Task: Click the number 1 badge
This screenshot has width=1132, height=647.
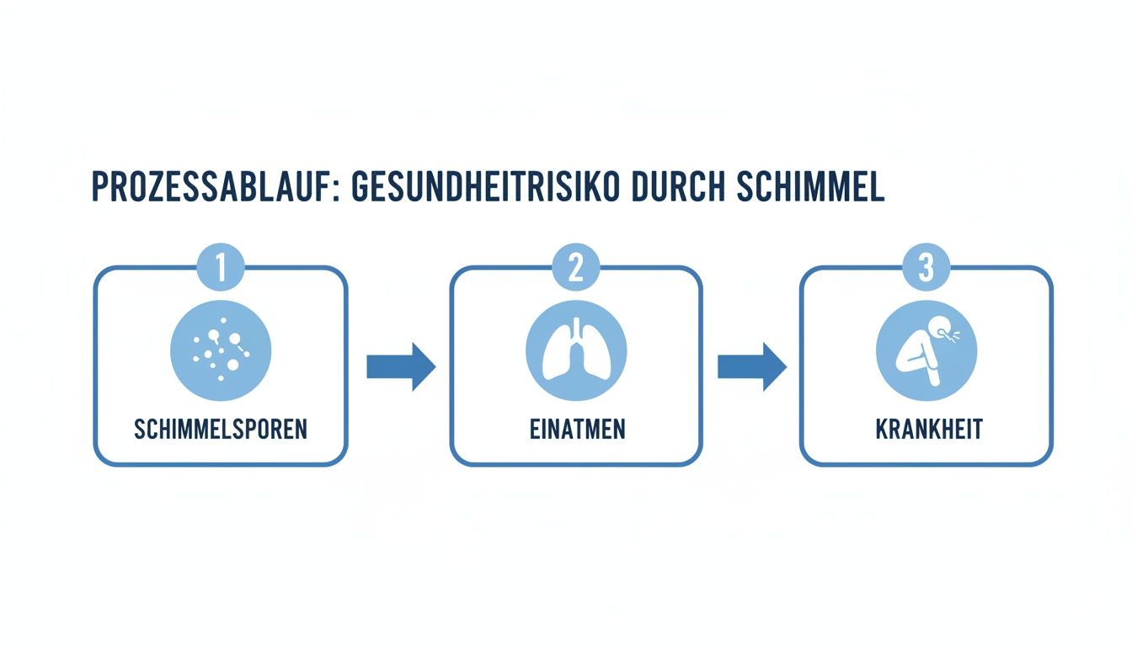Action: click(221, 268)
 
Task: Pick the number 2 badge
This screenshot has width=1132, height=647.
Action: click(576, 268)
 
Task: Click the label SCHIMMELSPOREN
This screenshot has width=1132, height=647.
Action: click(221, 429)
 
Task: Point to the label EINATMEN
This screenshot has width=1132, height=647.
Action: click(576, 429)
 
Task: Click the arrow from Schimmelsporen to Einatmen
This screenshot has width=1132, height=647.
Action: click(401, 366)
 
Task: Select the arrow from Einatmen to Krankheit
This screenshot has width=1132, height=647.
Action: click(751, 366)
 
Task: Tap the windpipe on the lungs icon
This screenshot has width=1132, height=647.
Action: click(576, 331)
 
